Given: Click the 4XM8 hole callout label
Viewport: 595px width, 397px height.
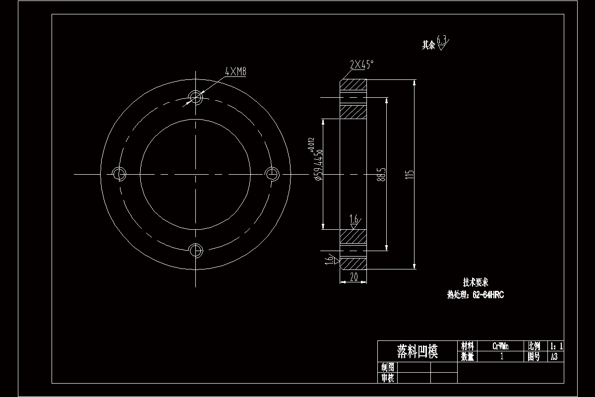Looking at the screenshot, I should pos(236,72).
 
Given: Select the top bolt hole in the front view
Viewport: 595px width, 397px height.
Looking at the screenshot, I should pos(196,96).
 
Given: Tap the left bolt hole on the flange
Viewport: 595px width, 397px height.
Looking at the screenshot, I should pos(119,174).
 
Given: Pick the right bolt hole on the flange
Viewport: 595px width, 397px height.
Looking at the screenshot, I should pos(272,174).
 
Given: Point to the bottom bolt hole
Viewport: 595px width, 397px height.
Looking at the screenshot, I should pos(196,249).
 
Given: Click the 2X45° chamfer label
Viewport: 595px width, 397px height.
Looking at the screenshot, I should pos(361,65).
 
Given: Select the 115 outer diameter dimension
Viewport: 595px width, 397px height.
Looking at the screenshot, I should pos(410,175).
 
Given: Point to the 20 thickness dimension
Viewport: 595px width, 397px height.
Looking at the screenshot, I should pos(354,278).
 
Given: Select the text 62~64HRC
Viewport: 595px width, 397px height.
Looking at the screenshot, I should pos(488,295).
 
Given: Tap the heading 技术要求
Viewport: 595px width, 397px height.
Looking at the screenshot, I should pos(476,282).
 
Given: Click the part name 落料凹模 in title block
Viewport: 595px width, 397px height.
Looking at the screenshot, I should pos(417,351).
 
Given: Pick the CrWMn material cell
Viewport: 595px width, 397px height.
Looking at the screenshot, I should pos(500,346).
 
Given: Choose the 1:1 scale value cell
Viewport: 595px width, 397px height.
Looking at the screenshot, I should pos(556,346).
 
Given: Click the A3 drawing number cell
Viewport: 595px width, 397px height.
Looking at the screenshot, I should pos(554,357).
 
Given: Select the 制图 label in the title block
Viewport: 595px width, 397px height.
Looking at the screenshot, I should pos(388,368).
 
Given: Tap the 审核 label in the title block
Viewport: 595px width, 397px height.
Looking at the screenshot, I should pos(388,378).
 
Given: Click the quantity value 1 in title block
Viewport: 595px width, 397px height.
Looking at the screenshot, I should pos(501,357).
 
